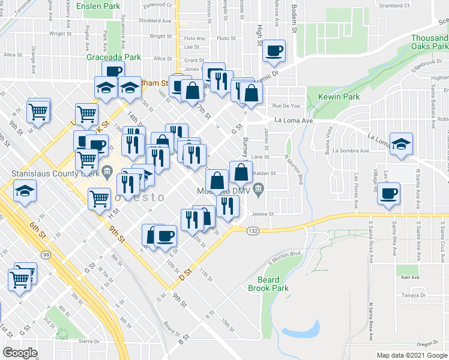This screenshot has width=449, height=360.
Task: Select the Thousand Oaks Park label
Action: click(429, 42)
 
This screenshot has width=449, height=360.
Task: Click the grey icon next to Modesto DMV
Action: click(258, 190)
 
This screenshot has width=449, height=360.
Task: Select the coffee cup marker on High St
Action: click(274, 51)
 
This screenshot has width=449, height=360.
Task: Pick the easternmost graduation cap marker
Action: click(401, 144)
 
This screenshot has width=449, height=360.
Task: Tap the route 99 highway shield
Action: click(46, 222)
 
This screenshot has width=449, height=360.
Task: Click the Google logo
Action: click(20, 352)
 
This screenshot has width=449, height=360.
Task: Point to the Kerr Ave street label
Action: click(411, 278)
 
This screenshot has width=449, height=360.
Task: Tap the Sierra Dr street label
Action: click(88, 341)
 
